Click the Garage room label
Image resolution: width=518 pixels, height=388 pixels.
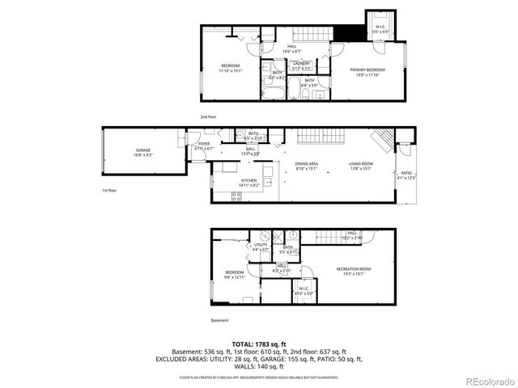142,152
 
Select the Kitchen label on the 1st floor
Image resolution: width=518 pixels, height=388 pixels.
249,183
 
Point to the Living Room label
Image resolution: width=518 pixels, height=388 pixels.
360,166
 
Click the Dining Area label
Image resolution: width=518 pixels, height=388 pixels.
306,166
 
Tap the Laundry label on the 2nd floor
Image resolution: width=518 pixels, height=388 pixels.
301,65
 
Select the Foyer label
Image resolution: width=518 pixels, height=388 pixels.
204,146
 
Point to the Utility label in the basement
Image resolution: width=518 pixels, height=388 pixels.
261,247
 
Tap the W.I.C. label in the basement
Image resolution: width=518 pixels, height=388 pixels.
304,290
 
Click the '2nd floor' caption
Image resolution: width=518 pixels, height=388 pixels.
209,116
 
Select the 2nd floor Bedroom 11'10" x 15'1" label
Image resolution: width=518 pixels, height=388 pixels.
231,69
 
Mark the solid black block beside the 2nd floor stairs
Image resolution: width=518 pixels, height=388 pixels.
346,33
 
